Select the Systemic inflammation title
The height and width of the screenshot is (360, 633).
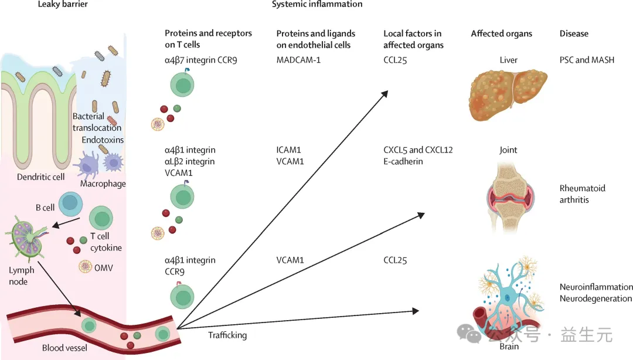317,5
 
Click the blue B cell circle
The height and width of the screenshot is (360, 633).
70,203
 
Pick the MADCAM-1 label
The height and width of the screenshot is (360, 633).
298,60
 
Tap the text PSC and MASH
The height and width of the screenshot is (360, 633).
587,60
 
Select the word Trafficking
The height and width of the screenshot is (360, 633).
227,335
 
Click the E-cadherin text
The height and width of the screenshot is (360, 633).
403,161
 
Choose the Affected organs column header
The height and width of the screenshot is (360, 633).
502,34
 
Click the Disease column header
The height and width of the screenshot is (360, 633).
574,34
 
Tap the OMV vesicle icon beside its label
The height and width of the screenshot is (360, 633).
86,267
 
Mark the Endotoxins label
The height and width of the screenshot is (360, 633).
103,140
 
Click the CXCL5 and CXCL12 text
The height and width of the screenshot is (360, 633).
418,150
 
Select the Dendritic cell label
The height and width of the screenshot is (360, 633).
40,176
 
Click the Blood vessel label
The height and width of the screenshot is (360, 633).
64,348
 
